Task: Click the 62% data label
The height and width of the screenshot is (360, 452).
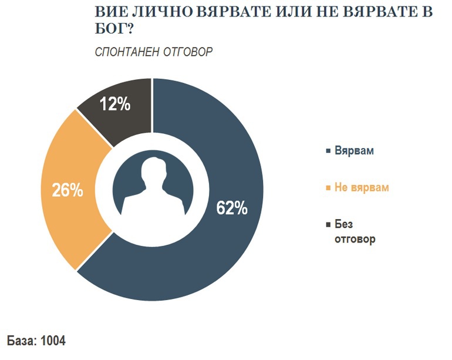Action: (232, 208)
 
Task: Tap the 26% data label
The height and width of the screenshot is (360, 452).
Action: (68, 191)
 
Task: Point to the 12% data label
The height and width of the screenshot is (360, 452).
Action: (114, 105)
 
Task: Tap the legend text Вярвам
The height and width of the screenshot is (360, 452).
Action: (355, 151)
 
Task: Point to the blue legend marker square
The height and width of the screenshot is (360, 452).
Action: (328, 152)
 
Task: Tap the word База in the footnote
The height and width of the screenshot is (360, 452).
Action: (21, 341)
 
